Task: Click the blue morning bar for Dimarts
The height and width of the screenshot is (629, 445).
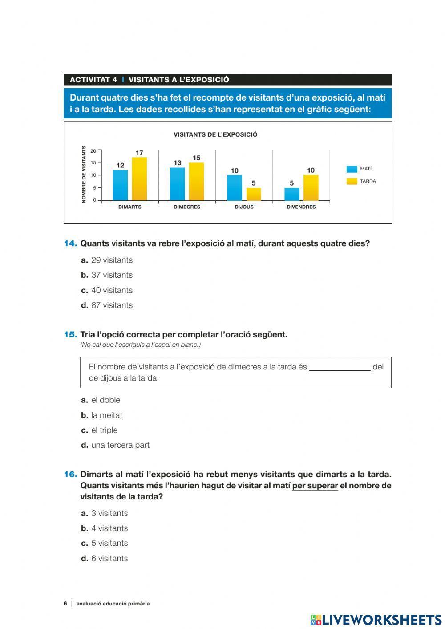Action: [x=120, y=185]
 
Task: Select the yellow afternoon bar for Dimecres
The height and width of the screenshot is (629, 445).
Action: [x=196, y=182]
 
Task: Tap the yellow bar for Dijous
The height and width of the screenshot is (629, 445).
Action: [x=254, y=194]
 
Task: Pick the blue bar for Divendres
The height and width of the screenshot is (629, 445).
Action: [x=292, y=194]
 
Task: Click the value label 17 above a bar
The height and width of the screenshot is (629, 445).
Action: [x=139, y=153]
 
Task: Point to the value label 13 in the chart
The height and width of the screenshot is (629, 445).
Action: [x=178, y=163]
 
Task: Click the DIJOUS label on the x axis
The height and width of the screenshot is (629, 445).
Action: [x=244, y=207]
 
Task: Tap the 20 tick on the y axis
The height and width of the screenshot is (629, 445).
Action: [x=93, y=151]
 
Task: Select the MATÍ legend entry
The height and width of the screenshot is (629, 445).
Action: [x=360, y=169]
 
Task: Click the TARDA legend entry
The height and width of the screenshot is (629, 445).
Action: [x=361, y=181]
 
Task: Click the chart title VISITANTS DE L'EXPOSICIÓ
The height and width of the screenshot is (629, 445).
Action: [x=215, y=134]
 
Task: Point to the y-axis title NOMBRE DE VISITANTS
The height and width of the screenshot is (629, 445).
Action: [x=84, y=174]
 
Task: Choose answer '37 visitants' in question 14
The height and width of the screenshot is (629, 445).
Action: [x=112, y=275]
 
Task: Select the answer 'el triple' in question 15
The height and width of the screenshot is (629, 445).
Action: [x=104, y=430]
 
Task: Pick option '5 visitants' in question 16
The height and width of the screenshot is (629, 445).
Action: [x=109, y=543]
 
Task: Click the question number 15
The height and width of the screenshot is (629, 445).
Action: [x=70, y=334]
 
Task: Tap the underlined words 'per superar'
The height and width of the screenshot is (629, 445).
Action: [x=315, y=486]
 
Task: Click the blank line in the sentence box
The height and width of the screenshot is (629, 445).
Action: [x=340, y=368]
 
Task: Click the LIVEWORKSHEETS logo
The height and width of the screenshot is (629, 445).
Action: [x=376, y=620]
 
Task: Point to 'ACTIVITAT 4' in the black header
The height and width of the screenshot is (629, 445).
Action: [x=93, y=80]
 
